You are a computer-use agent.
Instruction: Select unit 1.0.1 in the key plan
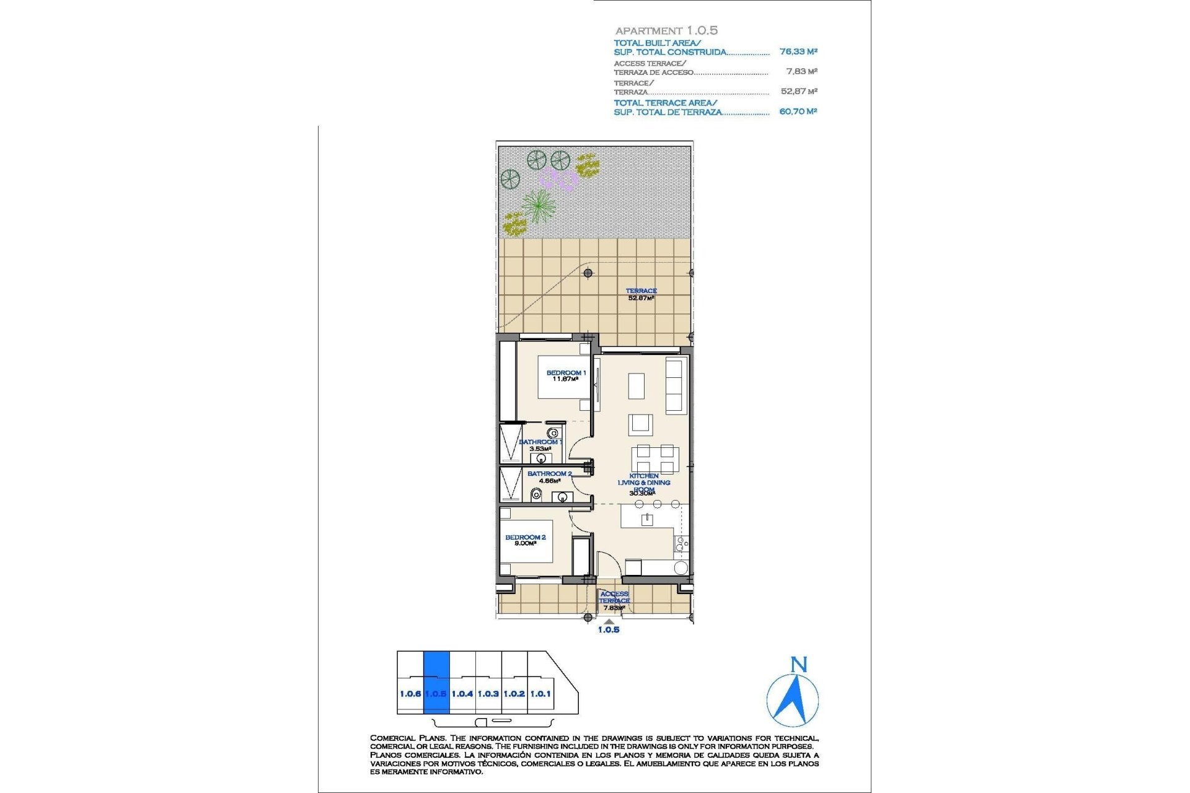point(540,694)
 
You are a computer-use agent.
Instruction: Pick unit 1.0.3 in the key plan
point(488,694)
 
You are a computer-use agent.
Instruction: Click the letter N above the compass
point(799,665)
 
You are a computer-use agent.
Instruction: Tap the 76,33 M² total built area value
point(798,52)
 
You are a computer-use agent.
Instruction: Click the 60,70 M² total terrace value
point(798,112)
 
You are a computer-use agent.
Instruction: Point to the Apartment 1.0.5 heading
point(666,30)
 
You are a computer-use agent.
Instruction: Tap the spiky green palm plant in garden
point(538,206)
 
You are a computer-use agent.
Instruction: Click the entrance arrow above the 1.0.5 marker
point(609,621)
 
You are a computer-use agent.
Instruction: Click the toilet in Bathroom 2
point(536,494)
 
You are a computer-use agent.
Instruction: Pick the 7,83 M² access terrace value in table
point(801,72)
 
